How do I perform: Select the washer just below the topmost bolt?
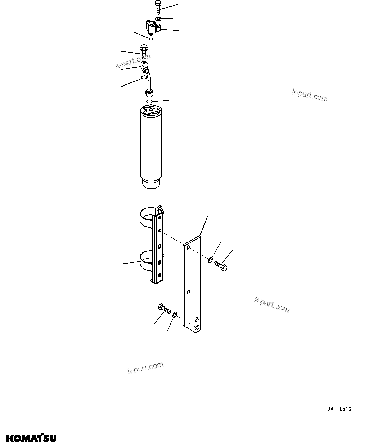point(158,19)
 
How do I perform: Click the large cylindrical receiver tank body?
point(151,148)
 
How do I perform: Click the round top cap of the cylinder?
point(151,111)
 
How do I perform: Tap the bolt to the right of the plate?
point(221,266)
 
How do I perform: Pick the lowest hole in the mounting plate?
point(198,327)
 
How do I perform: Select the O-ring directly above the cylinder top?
point(149,101)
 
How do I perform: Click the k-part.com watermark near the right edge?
point(310,95)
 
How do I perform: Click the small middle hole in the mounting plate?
point(189,292)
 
